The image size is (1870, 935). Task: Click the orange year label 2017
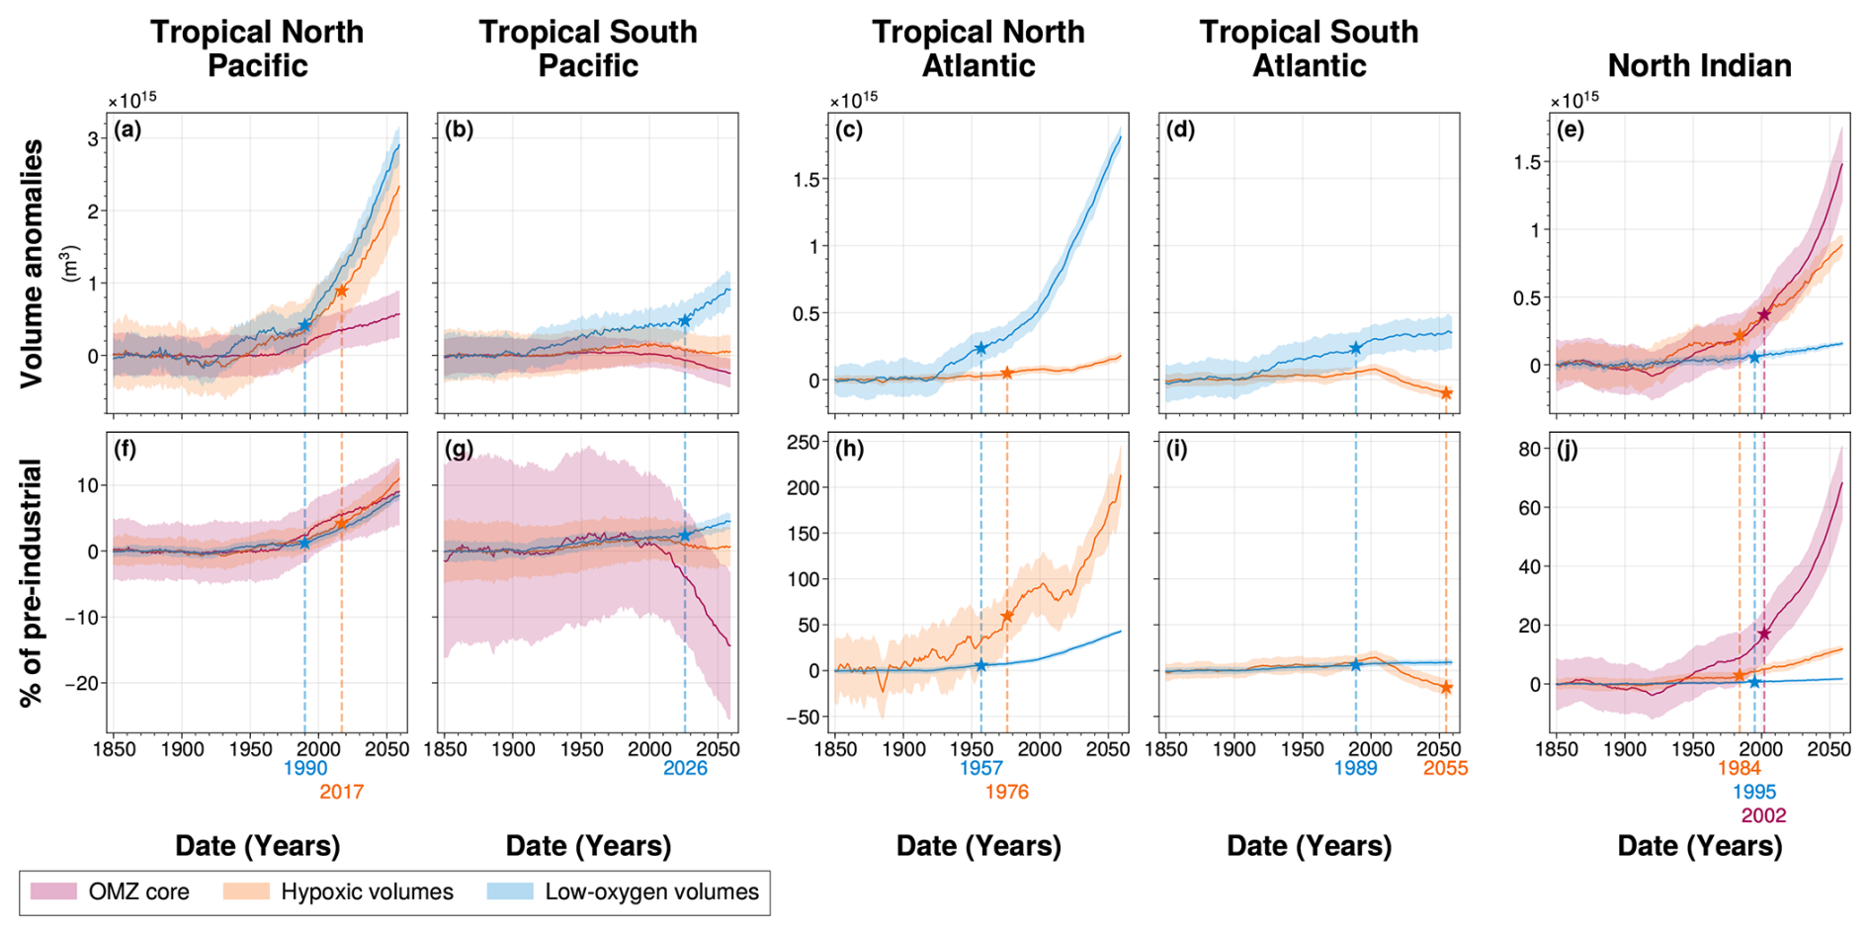click(341, 792)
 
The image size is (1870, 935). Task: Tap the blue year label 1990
click(305, 769)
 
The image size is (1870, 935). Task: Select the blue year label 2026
click(685, 769)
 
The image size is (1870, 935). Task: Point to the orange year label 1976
click(1006, 792)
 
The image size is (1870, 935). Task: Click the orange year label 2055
click(1445, 769)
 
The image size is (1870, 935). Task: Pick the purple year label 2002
click(1763, 815)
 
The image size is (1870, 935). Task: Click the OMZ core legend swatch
click(53, 892)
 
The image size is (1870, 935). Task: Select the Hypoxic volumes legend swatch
click(246, 892)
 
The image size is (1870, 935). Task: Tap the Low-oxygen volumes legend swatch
click(510, 892)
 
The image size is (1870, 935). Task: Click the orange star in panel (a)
click(342, 291)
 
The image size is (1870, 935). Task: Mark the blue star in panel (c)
click(980, 349)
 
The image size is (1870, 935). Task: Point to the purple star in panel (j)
click(1764, 634)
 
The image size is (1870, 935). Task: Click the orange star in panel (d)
click(1446, 393)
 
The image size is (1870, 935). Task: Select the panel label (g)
click(459, 450)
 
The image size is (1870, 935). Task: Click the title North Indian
click(1699, 65)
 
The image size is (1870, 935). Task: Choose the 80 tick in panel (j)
click(1529, 449)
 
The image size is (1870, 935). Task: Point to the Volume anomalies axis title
click(33, 263)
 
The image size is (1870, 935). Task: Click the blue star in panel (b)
click(685, 321)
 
